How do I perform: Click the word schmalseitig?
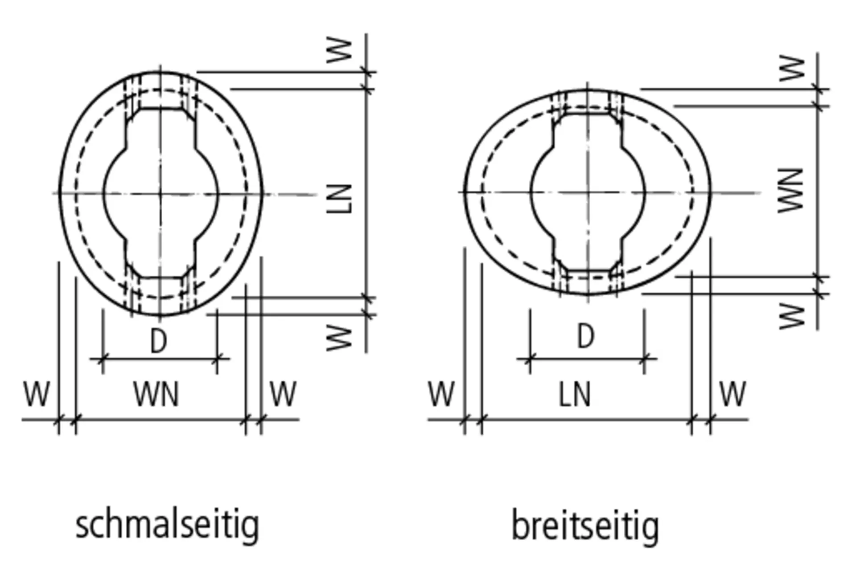(x=167, y=526)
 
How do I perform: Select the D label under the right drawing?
(x=586, y=336)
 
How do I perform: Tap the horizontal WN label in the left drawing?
(x=156, y=394)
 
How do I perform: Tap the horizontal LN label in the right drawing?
(x=575, y=394)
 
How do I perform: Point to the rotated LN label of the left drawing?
(x=340, y=199)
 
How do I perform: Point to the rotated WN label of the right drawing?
(x=791, y=191)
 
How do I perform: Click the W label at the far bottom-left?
(x=37, y=394)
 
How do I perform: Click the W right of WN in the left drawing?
(x=283, y=394)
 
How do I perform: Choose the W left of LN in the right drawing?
(x=441, y=394)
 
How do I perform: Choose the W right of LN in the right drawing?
(x=733, y=394)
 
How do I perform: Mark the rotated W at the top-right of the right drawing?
(x=792, y=69)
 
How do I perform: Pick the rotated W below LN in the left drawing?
(x=340, y=338)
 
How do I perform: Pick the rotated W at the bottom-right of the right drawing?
(x=792, y=316)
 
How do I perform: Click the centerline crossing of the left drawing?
(x=160, y=193)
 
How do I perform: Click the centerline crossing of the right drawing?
(x=587, y=192)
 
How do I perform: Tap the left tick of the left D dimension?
(x=103, y=358)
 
